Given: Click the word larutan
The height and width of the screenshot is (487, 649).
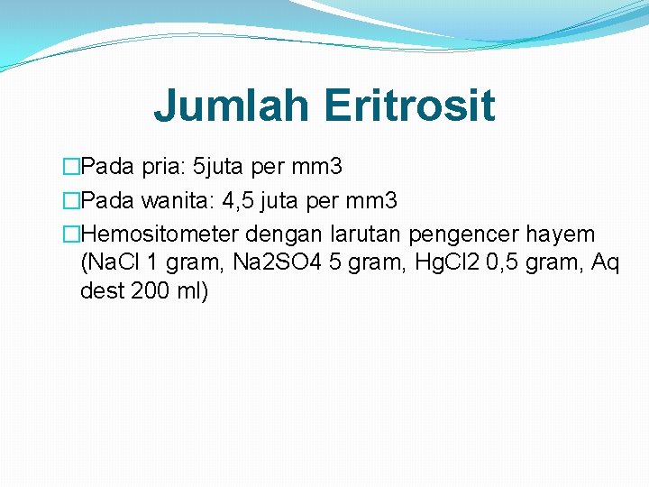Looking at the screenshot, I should pos(368,234).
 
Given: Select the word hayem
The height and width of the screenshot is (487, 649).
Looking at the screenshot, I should pos(565,234).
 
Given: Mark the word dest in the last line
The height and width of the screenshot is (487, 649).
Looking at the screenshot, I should pos(99,292).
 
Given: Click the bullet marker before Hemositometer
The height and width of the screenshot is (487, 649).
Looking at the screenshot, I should pos(71,234).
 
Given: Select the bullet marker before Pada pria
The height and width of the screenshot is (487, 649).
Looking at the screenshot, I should pos(71,168).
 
